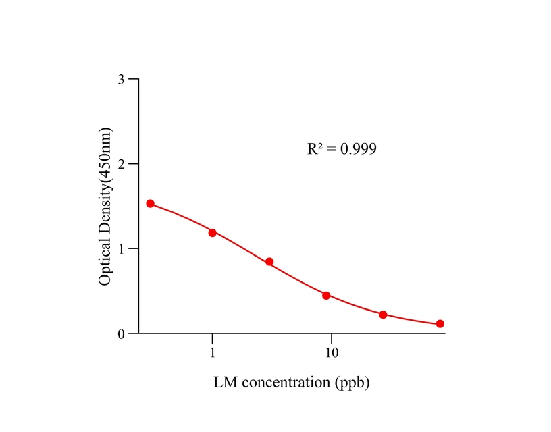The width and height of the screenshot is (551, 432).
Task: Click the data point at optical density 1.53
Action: click(151, 204)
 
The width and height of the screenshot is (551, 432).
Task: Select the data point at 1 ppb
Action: click(213, 233)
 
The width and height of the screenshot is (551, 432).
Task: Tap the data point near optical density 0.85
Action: click(269, 262)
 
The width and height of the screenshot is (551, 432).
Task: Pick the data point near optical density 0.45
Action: click(326, 296)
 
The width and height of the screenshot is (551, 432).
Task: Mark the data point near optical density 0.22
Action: click(383, 315)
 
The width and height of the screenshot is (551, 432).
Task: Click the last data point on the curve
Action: click(440, 324)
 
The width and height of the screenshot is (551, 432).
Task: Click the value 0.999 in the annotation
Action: click(358, 149)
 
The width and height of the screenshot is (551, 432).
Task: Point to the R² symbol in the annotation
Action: click(314, 148)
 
